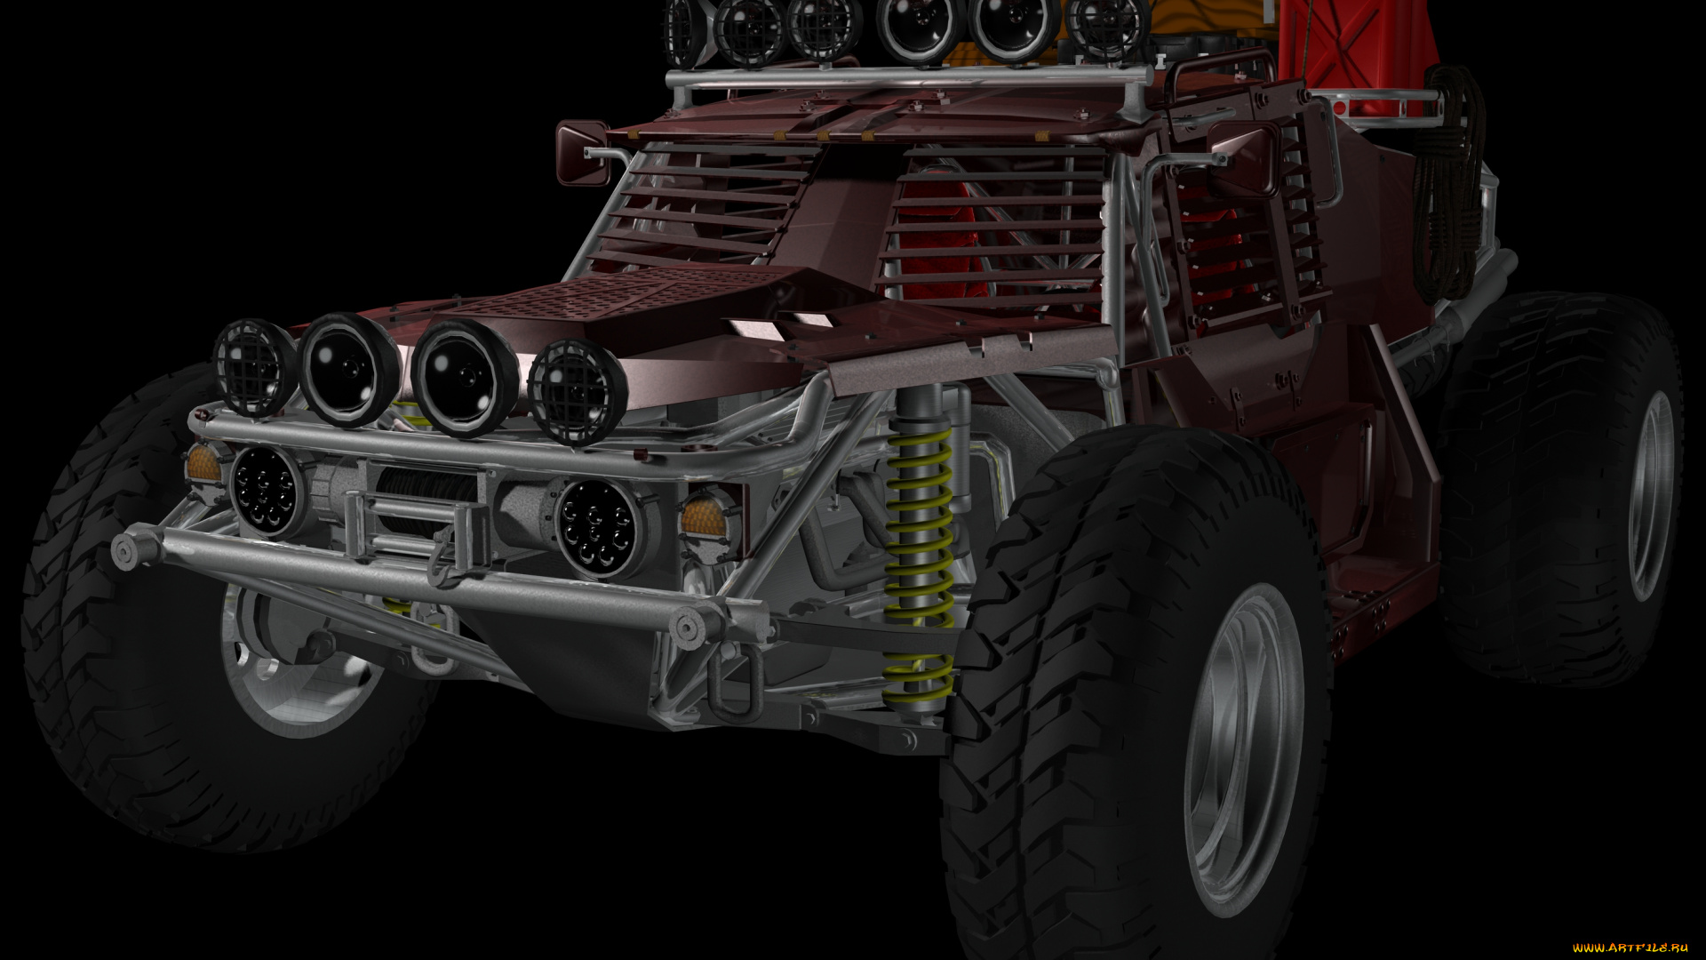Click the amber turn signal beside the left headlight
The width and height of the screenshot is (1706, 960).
203,463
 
